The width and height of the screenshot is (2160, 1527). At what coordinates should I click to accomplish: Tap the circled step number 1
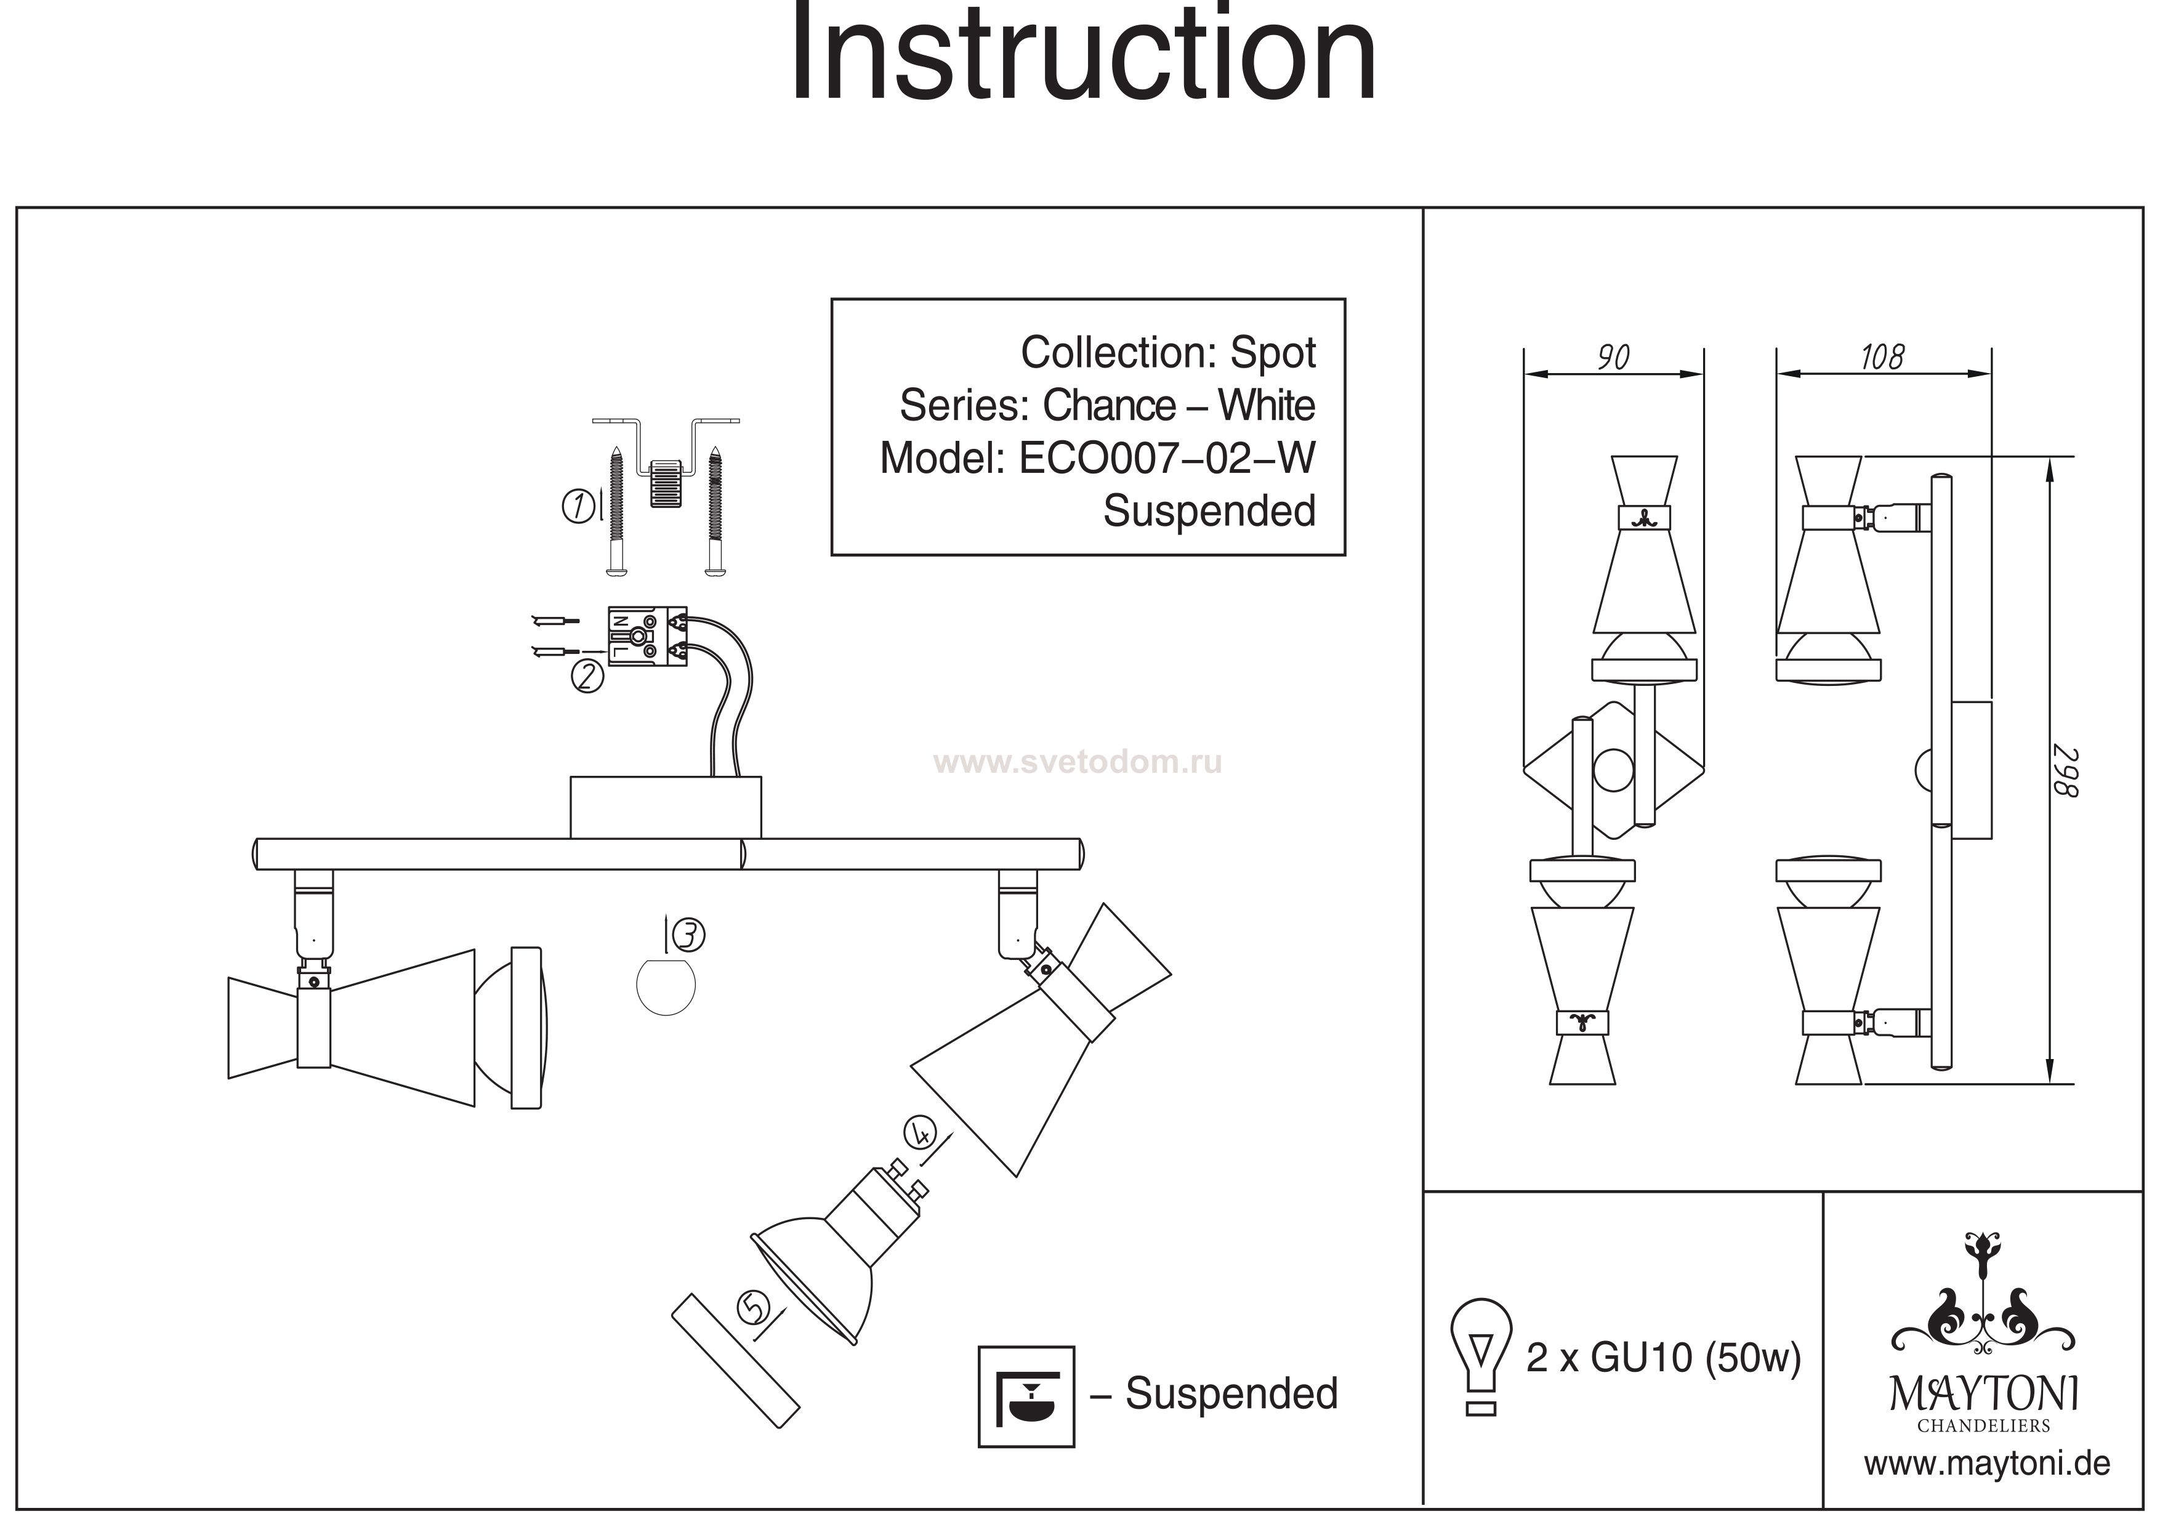[577, 507]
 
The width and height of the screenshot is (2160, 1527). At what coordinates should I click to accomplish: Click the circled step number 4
[919, 1132]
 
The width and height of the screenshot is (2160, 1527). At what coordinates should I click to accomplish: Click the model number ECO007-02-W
[1167, 459]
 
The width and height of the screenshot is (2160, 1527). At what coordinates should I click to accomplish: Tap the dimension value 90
[1613, 358]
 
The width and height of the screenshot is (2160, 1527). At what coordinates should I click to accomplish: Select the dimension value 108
[1882, 358]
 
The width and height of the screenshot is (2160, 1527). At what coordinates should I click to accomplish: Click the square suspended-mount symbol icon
[1026, 1396]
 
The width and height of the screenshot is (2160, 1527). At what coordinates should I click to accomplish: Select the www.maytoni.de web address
[1987, 1464]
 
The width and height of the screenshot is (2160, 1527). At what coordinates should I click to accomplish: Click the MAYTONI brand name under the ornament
[1983, 1395]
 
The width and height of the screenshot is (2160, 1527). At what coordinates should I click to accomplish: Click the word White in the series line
[1267, 406]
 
